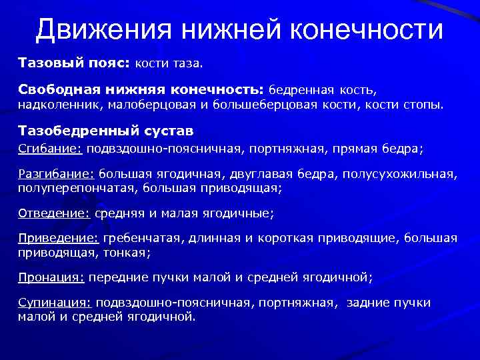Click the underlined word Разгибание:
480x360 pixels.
point(57,174)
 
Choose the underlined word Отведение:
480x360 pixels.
point(53,214)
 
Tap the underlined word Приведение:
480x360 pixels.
point(58,238)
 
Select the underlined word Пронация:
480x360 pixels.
point(51,277)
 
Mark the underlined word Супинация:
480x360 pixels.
point(55,303)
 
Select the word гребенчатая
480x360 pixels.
point(142,238)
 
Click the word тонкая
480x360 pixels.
point(131,253)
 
